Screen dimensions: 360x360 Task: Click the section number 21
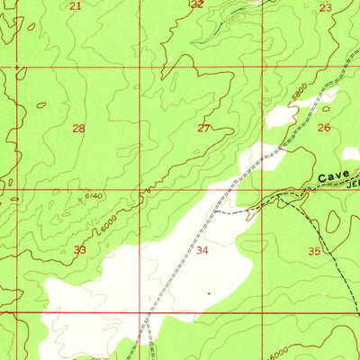point(75,6)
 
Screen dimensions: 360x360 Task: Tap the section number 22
point(198,4)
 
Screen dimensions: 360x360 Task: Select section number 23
point(325,7)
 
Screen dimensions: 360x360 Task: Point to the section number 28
point(79,129)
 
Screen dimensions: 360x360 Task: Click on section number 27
point(203,128)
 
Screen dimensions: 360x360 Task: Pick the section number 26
point(324,128)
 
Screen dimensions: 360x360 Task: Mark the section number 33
point(80,249)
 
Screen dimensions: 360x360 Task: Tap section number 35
point(314,251)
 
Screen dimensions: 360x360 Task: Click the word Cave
point(333,180)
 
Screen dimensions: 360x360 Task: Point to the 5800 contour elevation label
point(299,92)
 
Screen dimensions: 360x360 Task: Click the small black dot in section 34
point(209,292)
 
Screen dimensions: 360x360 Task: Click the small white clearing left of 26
point(281,115)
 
